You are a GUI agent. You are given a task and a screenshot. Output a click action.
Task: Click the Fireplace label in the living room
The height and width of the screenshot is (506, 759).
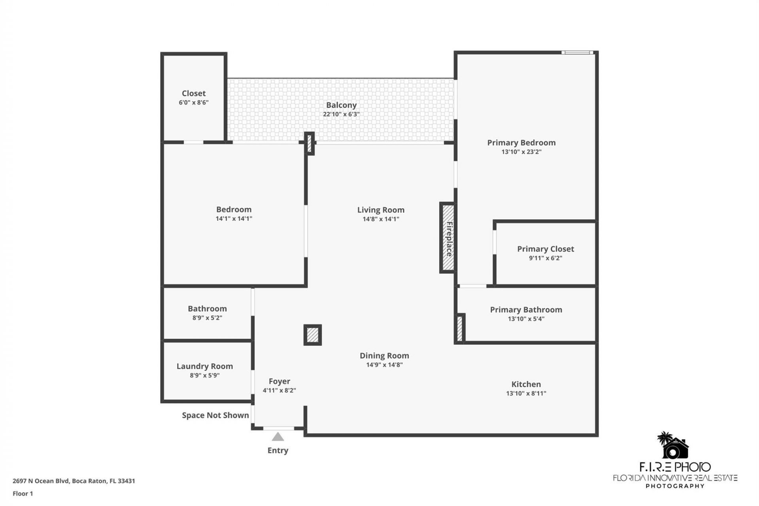(449, 239)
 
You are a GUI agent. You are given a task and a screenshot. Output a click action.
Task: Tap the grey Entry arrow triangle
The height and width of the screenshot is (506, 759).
(278, 437)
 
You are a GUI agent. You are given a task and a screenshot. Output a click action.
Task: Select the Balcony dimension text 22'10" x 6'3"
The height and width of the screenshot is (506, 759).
(341, 114)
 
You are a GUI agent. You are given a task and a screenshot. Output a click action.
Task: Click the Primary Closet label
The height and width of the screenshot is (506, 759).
(545, 249)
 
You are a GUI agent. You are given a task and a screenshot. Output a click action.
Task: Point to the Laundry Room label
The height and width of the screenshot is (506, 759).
(204, 366)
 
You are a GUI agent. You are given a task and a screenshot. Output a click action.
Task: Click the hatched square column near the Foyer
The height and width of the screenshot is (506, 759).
(312, 335)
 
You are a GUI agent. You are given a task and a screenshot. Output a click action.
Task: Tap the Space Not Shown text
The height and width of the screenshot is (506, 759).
(215, 415)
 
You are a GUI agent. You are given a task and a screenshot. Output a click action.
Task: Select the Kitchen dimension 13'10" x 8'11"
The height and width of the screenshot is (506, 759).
(526, 393)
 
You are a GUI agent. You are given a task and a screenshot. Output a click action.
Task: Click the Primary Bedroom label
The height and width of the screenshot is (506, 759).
(521, 143)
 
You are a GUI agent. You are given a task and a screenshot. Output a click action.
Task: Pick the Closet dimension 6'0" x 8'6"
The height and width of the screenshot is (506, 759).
(193, 103)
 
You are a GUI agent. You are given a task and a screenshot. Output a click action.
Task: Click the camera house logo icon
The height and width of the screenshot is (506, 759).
(673, 446)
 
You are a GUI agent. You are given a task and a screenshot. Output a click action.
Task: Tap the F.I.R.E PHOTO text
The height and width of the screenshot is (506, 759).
(675, 467)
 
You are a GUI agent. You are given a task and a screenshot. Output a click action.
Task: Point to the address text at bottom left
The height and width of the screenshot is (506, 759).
(74, 481)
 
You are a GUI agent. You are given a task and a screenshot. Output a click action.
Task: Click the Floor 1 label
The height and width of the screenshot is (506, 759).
(23, 493)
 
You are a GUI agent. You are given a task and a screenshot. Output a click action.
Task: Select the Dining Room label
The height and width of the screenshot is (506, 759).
(384, 356)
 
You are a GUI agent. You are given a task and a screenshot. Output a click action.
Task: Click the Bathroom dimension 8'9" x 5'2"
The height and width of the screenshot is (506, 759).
(207, 318)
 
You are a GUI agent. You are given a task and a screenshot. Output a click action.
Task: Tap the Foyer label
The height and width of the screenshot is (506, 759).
(279, 381)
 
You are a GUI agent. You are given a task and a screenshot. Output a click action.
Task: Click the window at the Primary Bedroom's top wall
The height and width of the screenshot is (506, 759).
(577, 53)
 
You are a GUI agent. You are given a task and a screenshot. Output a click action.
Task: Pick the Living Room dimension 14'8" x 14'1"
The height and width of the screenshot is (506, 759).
(381, 219)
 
